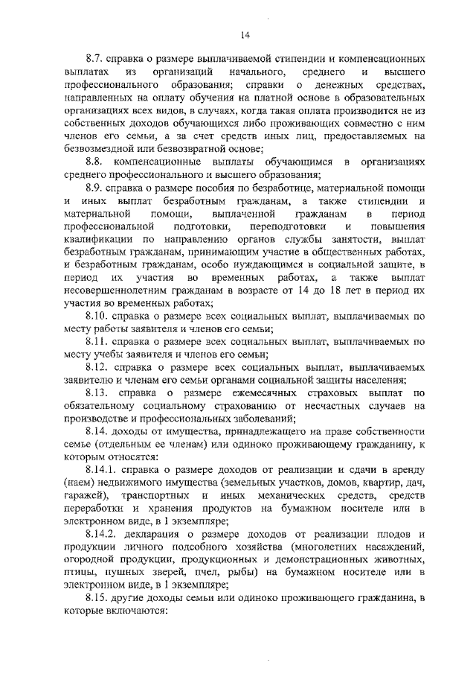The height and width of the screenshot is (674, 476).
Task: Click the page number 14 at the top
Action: [245, 34]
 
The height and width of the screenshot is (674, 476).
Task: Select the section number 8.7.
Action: [96, 57]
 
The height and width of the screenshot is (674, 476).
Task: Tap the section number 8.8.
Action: [96, 161]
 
